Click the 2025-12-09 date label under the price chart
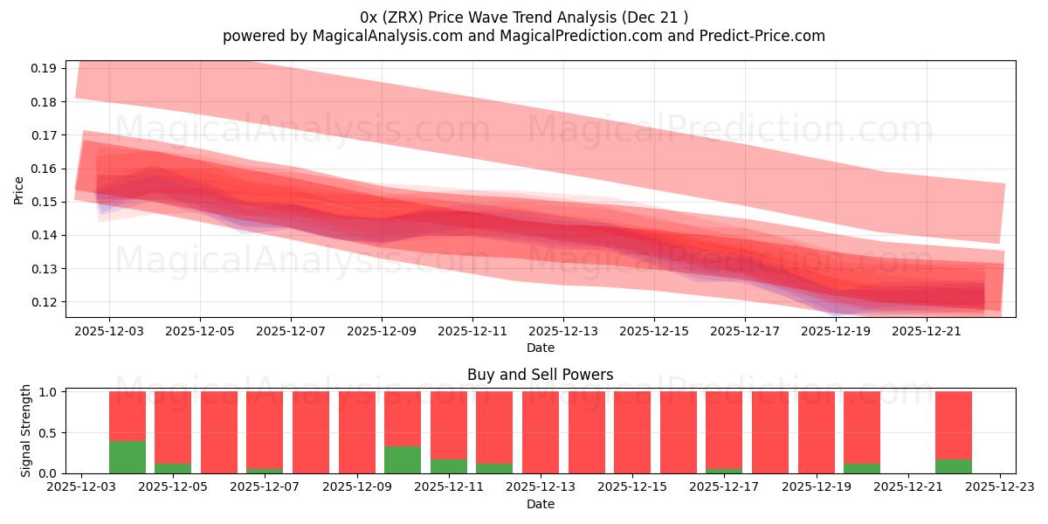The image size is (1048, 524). [382, 332]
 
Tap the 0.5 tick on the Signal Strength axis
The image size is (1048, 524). [49, 433]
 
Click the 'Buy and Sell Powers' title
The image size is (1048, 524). [540, 375]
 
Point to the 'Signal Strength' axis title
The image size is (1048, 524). [26, 431]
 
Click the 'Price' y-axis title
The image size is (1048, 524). [19, 190]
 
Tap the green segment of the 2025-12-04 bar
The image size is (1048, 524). [128, 457]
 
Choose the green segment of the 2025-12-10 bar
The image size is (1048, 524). [403, 459]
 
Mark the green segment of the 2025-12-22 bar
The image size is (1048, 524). [954, 466]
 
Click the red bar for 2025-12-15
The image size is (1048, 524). [632, 432]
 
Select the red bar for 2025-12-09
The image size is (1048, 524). [357, 432]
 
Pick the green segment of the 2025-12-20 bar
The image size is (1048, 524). [862, 468]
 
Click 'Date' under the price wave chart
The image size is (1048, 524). [540, 348]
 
